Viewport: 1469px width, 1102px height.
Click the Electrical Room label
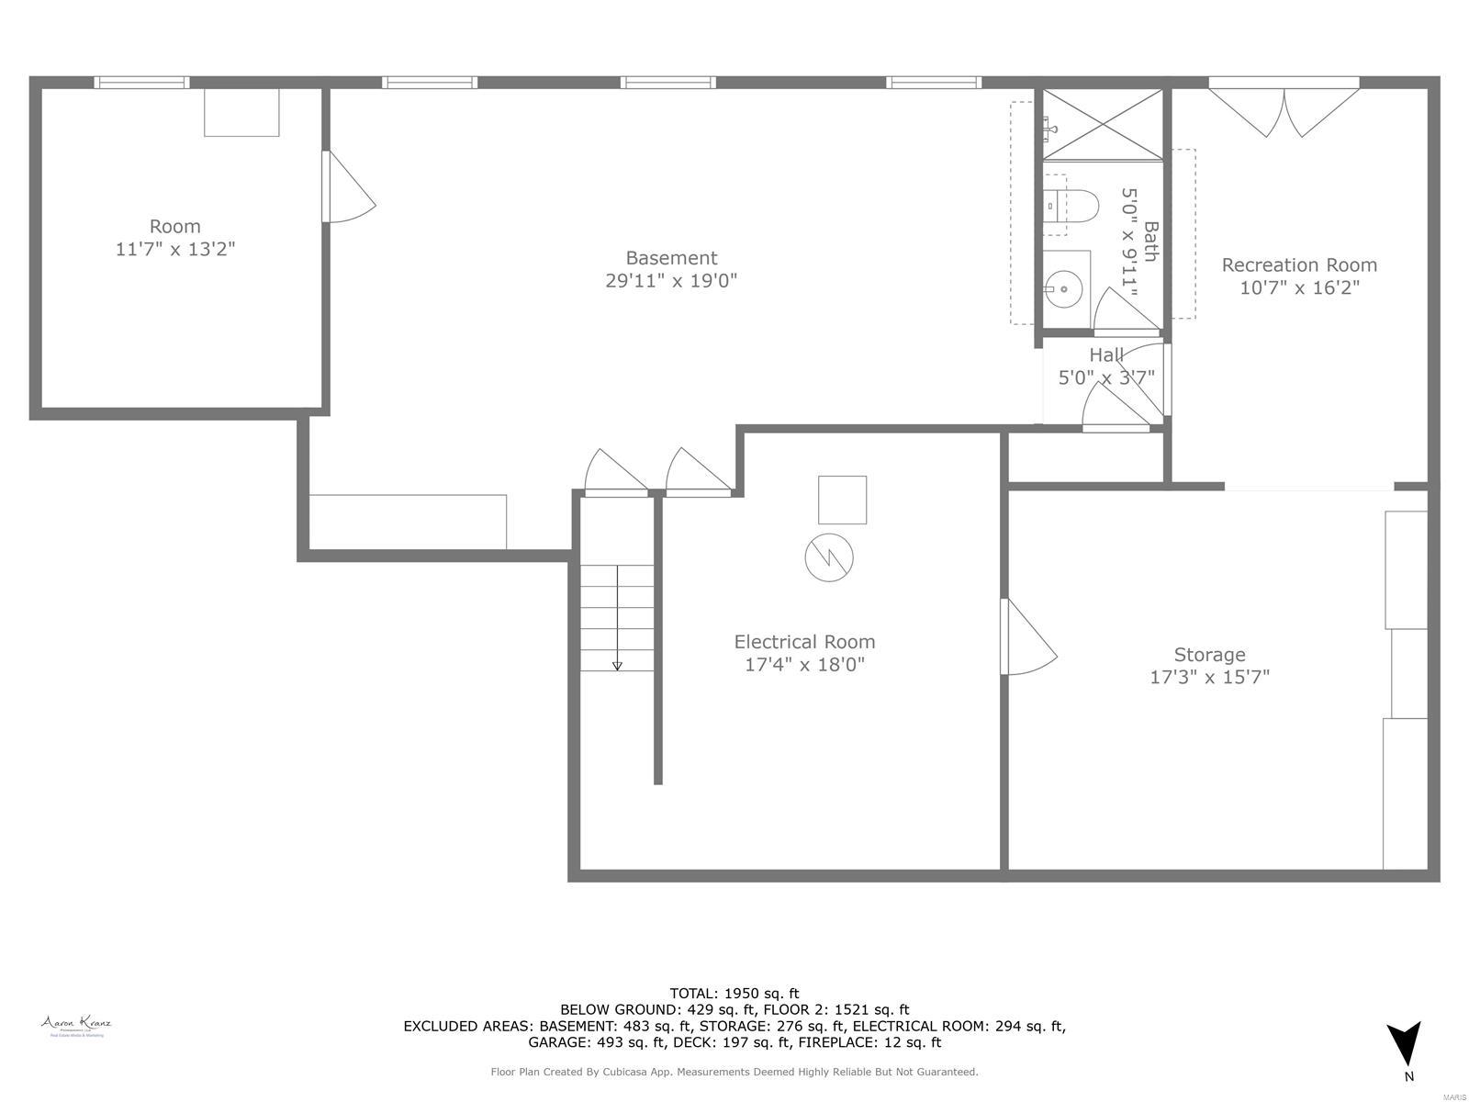pos(804,642)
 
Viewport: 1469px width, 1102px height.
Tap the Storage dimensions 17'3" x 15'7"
pos(1209,678)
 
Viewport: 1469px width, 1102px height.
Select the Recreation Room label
pos(1298,265)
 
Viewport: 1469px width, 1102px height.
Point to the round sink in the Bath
pos(1064,289)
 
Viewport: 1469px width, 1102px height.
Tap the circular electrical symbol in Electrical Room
pos(829,557)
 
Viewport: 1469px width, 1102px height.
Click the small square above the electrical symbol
pos(842,500)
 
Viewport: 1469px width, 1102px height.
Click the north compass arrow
pos(1403,1045)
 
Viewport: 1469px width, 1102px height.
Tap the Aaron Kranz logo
pos(76,1025)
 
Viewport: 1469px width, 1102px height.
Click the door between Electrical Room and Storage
pos(1026,638)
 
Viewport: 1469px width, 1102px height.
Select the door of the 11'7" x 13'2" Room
pos(347,188)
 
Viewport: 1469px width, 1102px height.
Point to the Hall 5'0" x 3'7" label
pos(1106,365)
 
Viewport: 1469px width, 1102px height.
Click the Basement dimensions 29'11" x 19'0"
pos(671,281)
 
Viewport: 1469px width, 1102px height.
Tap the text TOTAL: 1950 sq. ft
pos(734,993)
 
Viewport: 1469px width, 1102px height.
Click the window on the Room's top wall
pos(141,83)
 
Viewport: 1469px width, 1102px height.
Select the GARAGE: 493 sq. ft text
pos(597,1042)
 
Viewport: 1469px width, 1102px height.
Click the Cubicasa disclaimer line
pos(734,1072)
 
